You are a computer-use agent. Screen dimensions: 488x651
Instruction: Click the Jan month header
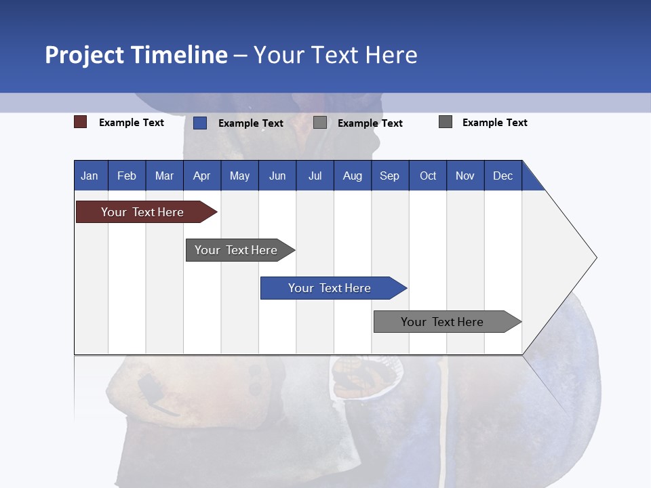(x=90, y=176)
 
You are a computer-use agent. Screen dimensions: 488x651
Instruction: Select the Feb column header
(x=127, y=176)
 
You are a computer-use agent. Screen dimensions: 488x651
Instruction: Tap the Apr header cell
(x=201, y=176)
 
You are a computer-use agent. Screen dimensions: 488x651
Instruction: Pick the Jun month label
(x=277, y=176)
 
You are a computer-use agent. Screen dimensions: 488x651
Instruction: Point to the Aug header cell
(x=352, y=176)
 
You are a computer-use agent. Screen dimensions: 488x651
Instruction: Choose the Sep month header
(x=389, y=176)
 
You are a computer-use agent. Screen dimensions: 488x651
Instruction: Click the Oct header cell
(x=428, y=176)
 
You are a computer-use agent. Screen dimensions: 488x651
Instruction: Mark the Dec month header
(x=502, y=176)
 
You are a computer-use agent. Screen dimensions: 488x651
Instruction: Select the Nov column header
(x=465, y=176)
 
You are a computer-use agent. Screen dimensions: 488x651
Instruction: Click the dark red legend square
(x=81, y=122)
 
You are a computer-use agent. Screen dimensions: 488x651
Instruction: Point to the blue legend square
(x=200, y=123)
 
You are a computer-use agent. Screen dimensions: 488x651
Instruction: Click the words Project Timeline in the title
(x=136, y=55)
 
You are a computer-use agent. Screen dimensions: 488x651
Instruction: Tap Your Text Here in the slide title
(x=336, y=55)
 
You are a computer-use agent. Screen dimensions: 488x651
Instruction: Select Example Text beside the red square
(x=132, y=123)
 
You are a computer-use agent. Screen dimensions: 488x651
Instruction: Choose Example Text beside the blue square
(x=251, y=123)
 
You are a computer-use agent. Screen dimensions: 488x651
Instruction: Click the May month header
(x=239, y=176)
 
